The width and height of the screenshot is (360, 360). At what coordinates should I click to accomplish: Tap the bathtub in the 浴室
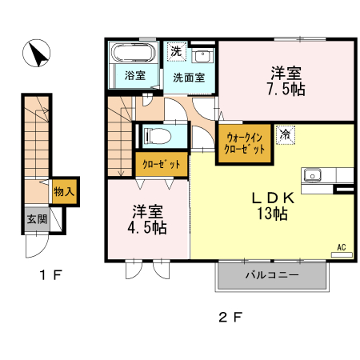pyautogui.click(x=134, y=55)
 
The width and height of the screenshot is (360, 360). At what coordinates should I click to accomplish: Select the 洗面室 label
pyautogui.click(x=189, y=78)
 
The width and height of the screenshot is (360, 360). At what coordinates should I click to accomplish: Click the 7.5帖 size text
pyautogui.click(x=286, y=87)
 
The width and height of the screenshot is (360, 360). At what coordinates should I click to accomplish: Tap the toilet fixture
pyautogui.click(x=159, y=134)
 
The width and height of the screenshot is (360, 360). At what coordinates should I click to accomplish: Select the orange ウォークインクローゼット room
pyautogui.click(x=242, y=143)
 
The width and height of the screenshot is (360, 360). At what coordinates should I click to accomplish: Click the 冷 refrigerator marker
pyautogui.click(x=284, y=134)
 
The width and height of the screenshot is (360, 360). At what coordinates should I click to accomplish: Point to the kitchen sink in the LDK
pyautogui.click(x=312, y=175)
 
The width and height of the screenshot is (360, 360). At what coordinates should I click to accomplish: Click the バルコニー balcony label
pyautogui.click(x=271, y=276)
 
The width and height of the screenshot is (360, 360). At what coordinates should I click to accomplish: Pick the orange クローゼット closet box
pyautogui.click(x=161, y=164)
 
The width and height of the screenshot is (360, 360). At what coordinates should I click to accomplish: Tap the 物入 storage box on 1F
pyautogui.click(x=63, y=191)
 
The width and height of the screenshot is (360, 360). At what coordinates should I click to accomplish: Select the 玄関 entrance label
pyautogui.click(x=36, y=218)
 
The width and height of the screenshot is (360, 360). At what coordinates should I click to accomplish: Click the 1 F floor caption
pyautogui.click(x=51, y=276)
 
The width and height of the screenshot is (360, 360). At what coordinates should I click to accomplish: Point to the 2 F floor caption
pyautogui.click(x=230, y=316)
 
